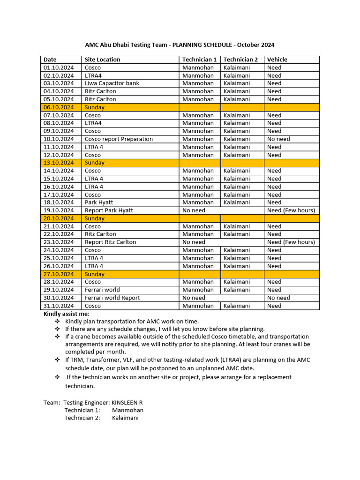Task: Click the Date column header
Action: [50, 60]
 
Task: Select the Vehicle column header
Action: [277, 60]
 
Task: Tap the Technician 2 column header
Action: [240, 60]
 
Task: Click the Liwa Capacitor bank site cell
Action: [112, 83]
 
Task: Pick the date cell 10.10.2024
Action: [59, 139]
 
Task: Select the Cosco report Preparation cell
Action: [119, 139]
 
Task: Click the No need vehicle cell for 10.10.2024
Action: [278, 139]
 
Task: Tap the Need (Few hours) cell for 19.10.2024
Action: [291, 210]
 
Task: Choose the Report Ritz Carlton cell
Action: [110, 242]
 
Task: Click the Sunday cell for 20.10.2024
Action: [95, 218]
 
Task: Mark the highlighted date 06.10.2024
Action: [59, 107]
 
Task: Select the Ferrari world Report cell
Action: [112, 298]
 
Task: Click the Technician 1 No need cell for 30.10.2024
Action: [194, 298]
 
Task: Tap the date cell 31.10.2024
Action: [59, 306]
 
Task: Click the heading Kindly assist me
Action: [66, 314]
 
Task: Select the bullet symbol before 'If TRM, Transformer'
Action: [57, 360]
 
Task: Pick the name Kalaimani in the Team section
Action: [125, 418]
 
